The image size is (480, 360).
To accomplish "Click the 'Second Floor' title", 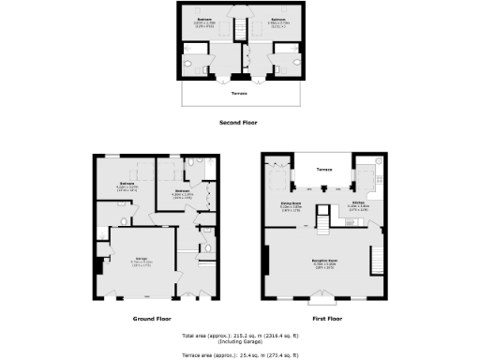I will click(x=238, y=123).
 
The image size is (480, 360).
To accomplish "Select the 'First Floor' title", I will click(x=327, y=319).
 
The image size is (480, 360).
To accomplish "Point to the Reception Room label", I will click(x=325, y=261).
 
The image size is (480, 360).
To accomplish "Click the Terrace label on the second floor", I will click(x=240, y=94).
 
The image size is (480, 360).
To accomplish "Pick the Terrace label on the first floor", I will click(x=324, y=170).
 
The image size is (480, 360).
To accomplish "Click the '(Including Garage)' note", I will click(x=239, y=341).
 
